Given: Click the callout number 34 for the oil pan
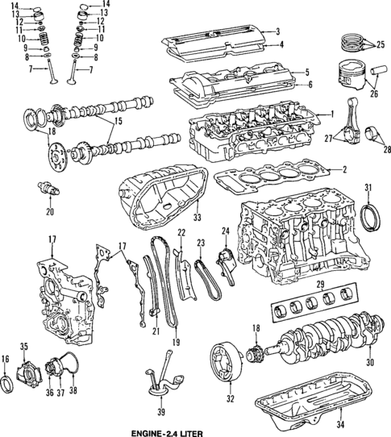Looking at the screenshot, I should (339, 423).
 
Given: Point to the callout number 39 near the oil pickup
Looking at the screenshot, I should (160, 412).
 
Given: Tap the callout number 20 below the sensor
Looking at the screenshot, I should (49, 212).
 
